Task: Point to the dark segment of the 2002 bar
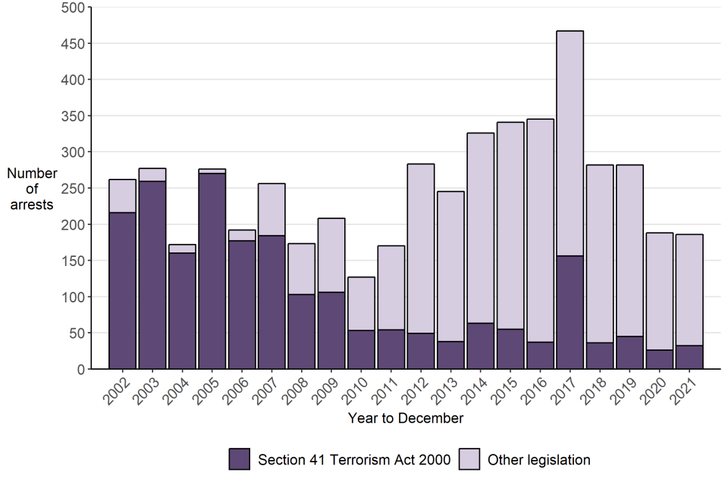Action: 123,291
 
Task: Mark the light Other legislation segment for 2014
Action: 480,228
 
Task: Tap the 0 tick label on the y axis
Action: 79,369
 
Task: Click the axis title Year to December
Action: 406,418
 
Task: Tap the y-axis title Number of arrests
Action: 32,189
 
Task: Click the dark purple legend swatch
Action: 240,459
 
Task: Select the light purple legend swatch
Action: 469,459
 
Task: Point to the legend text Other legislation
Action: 538,459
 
